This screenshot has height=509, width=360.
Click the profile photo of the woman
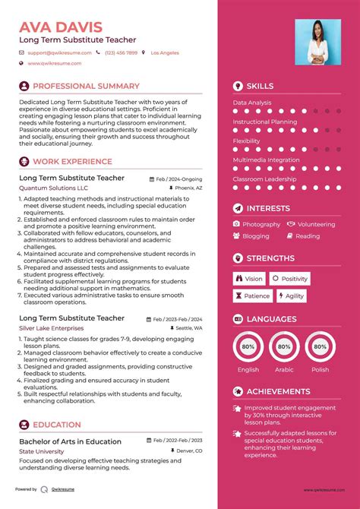coord(315,41)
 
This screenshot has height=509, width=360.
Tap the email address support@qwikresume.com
coord(59,53)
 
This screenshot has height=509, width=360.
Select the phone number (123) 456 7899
coord(122,53)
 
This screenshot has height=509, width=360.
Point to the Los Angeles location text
coord(165,53)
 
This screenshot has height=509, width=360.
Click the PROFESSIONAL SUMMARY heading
coord(86,87)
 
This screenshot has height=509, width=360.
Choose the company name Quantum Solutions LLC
coord(53,187)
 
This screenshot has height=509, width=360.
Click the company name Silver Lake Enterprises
coord(52,328)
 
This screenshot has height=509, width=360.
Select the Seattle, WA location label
coord(189,328)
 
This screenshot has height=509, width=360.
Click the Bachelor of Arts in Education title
coord(70,441)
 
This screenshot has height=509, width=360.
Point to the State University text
coord(42,451)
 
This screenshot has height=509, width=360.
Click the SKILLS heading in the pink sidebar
coord(260,87)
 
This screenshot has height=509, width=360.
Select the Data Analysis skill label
coord(252,103)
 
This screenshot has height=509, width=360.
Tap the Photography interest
coord(261,224)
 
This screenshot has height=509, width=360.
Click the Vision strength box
coord(248,279)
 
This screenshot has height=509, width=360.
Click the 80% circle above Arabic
coord(284,346)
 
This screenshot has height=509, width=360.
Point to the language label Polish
coord(320,370)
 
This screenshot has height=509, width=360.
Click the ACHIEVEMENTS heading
coord(279,391)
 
